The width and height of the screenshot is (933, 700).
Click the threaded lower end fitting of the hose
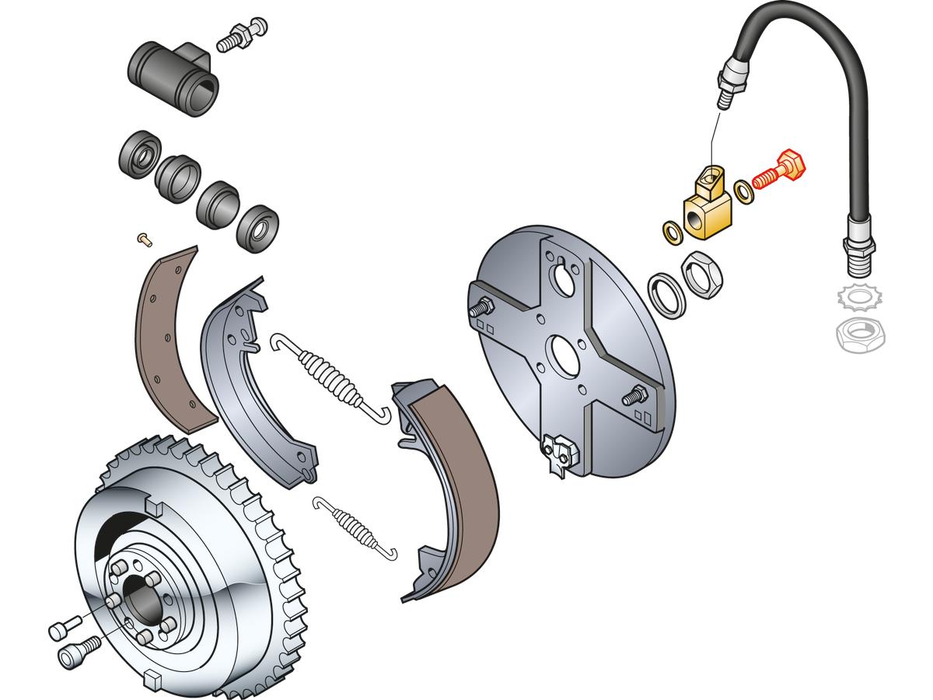pyautogui.click(x=858, y=248)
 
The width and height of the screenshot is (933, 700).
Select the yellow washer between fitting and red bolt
pyautogui.click(x=743, y=190)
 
